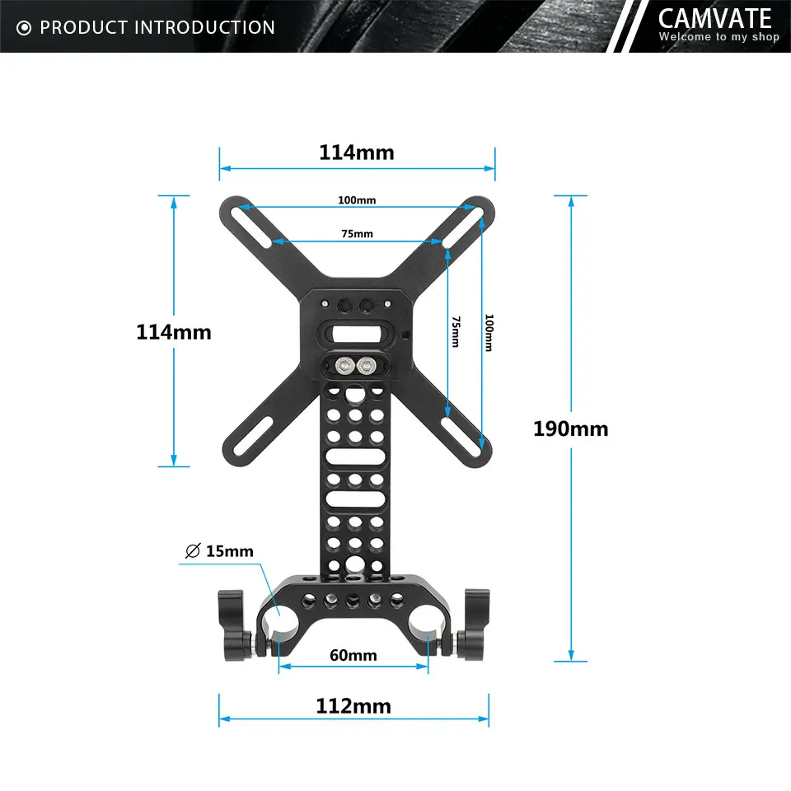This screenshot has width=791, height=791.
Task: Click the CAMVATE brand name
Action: (x=714, y=18)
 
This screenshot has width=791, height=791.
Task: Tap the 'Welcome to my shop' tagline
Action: (x=718, y=37)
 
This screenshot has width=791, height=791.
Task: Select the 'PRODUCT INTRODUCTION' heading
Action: (x=157, y=27)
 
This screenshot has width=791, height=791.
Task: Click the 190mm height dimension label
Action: (x=570, y=428)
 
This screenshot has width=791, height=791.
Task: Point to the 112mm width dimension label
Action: (x=353, y=706)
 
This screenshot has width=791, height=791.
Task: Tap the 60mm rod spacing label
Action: (x=353, y=655)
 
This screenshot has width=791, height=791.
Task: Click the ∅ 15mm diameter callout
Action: (x=218, y=551)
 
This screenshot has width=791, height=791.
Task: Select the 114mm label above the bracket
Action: (x=356, y=152)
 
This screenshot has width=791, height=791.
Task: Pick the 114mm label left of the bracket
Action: (x=173, y=332)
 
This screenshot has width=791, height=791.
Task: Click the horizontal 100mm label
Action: (x=356, y=200)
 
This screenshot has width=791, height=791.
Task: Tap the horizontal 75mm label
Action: (x=356, y=233)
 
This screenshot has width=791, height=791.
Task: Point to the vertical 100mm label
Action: (x=489, y=333)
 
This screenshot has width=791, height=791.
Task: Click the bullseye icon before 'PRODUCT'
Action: (x=24, y=28)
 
